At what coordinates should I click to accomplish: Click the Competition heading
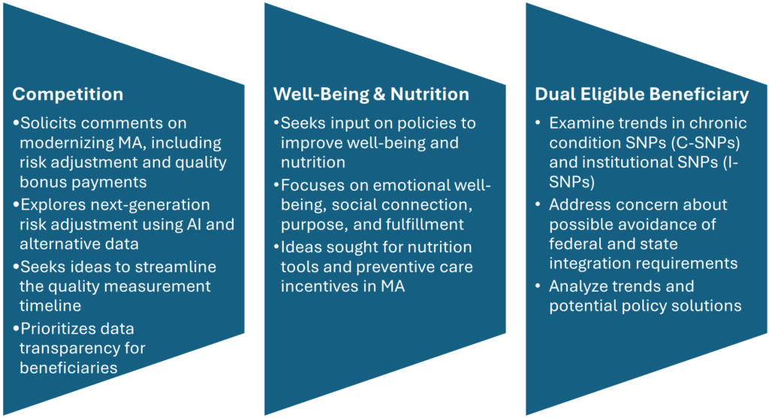point(68,94)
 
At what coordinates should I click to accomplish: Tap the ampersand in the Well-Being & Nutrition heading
point(379,94)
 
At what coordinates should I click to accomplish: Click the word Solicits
point(49,123)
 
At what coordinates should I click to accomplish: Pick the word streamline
point(176,267)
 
